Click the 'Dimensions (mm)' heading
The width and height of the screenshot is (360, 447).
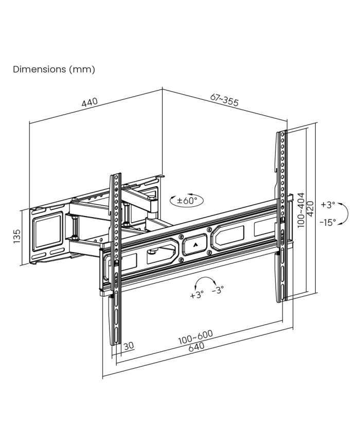click(x=54, y=69)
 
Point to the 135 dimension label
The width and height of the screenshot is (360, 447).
click(x=17, y=237)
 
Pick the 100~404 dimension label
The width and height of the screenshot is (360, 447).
click(x=301, y=209)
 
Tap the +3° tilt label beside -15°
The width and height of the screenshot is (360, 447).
click(x=327, y=204)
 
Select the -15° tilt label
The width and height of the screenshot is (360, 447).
click(x=327, y=222)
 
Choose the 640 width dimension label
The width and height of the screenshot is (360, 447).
click(x=196, y=348)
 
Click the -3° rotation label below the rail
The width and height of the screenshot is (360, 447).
click(x=218, y=291)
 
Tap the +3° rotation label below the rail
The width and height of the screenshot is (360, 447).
click(x=197, y=295)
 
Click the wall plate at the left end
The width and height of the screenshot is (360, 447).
click(x=47, y=236)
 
